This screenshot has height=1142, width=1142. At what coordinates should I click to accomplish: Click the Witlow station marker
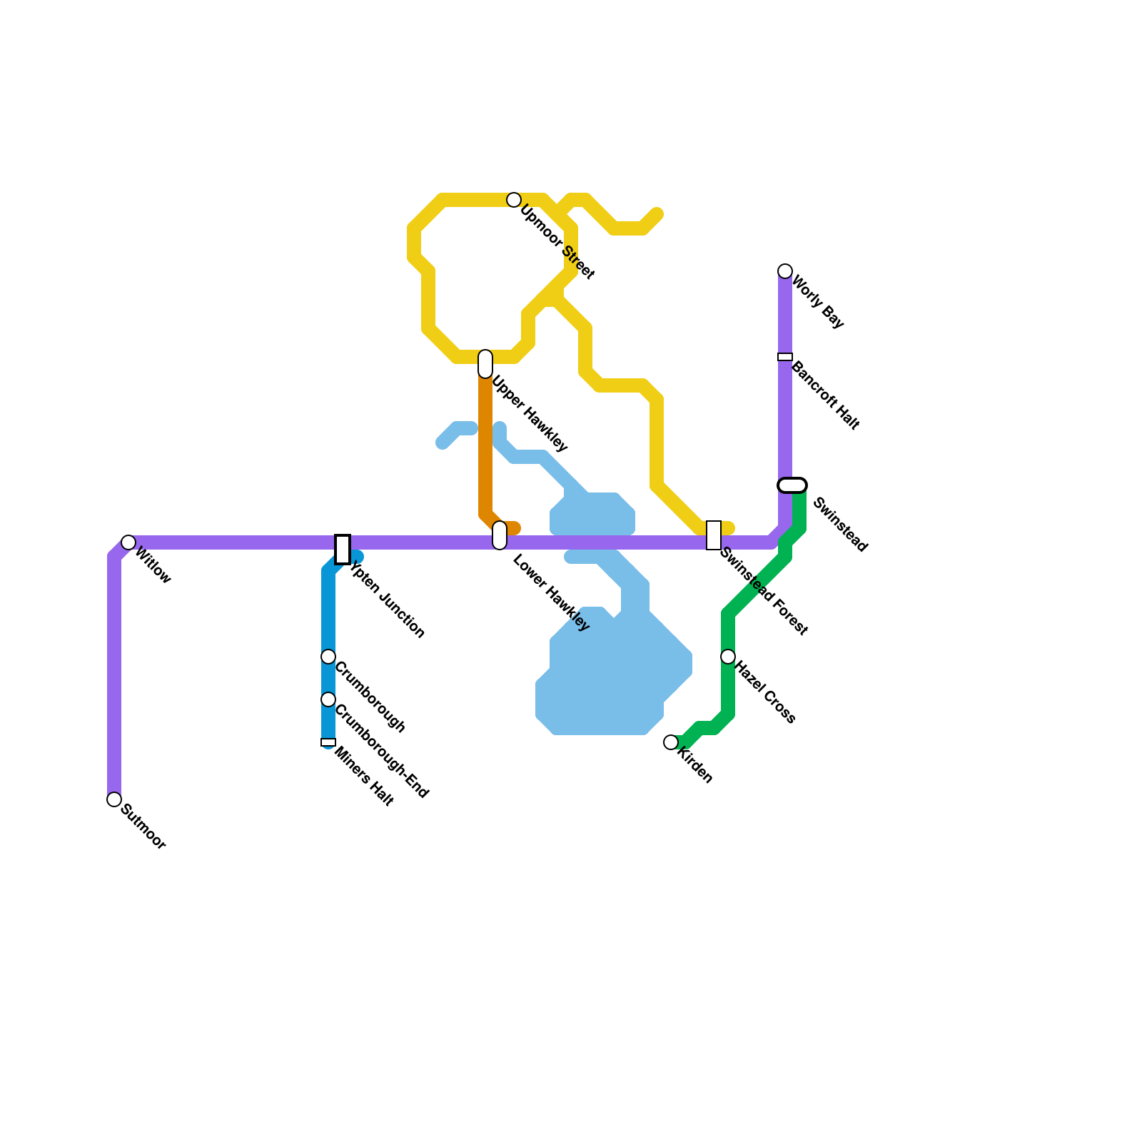click(x=128, y=542)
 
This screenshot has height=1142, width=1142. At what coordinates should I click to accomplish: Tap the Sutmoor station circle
click(x=114, y=799)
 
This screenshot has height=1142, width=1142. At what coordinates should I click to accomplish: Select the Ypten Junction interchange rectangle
click(x=343, y=549)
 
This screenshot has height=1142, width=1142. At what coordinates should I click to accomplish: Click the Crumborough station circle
click(x=328, y=657)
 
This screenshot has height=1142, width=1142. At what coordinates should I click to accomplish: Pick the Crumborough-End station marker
click(x=328, y=699)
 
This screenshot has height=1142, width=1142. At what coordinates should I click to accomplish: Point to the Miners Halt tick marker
click(x=328, y=742)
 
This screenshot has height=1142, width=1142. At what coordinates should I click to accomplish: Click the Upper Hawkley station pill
click(x=485, y=364)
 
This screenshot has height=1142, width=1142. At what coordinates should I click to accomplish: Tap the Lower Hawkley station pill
click(x=500, y=535)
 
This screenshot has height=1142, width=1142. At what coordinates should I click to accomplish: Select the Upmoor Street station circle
click(x=514, y=200)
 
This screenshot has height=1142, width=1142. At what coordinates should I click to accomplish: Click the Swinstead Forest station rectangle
click(x=714, y=535)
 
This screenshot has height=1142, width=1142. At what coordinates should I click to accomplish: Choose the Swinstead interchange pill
click(x=792, y=485)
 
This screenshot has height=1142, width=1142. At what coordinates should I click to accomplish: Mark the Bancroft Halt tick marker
click(x=785, y=357)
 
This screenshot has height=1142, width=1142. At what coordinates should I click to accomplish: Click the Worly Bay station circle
click(x=785, y=271)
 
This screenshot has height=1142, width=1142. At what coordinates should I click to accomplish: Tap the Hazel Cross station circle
click(x=728, y=657)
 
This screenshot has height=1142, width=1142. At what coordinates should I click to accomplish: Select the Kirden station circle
click(x=671, y=742)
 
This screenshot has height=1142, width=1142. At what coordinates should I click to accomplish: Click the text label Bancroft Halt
click(x=825, y=395)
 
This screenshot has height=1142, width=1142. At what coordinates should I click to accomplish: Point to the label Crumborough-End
click(x=381, y=752)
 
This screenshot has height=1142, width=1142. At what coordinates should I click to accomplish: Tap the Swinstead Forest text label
click(x=764, y=591)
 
